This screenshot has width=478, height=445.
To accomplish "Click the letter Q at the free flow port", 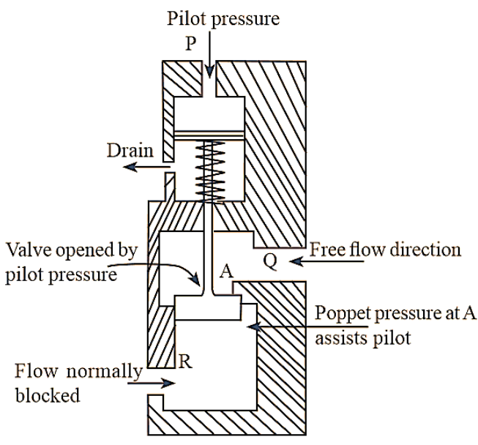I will [x=269, y=261].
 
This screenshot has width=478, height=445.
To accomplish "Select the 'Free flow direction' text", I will [x=386, y=249].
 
